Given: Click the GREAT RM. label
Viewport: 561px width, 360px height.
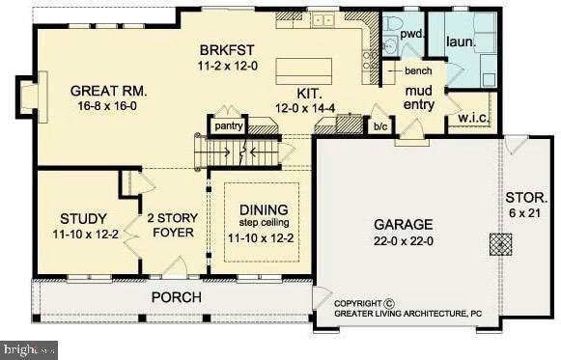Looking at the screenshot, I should point(108,91).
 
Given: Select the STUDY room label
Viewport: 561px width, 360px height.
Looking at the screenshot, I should point(83,218).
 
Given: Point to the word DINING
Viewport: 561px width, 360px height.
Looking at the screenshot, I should point(264,208).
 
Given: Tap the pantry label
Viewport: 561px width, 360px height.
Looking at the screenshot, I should point(228,125).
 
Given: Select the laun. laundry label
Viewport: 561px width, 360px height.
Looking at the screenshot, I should point(460,43).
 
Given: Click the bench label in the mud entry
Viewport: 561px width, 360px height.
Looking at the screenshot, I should point(417,72).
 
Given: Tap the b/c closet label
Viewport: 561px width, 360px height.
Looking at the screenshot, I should point(381,125).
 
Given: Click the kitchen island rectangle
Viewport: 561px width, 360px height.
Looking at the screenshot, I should point(303,70).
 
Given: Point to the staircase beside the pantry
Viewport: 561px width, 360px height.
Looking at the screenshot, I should point(241,152).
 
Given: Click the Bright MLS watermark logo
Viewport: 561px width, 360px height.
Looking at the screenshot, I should point(29,349).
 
